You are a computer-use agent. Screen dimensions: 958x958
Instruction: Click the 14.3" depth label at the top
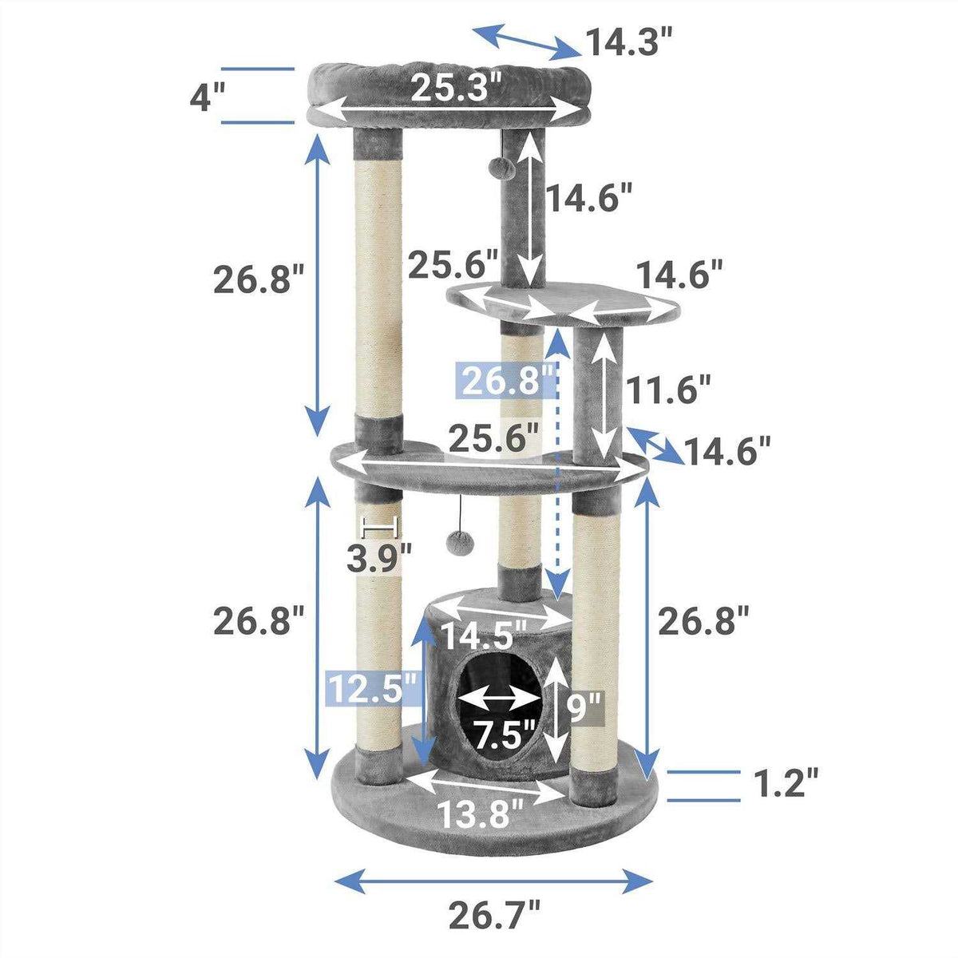[631, 42]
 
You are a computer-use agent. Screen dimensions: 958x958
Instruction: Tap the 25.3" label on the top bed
[457, 86]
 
